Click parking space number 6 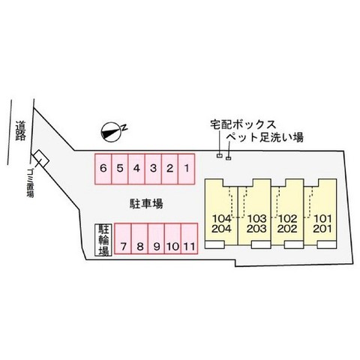[103, 169]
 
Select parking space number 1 [187, 169]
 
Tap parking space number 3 [153, 169]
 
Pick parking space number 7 [123, 238]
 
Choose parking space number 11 [189, 238]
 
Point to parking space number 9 [156, 238]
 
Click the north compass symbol [111, 132]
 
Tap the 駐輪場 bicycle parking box [103, 240]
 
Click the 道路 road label [20, 130]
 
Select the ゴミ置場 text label [30, 183]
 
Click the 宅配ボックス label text [243, 124]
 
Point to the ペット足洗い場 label [265, 137]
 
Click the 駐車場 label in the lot [146, 203]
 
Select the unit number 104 [222, 219]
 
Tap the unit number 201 [322, 229]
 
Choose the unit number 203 [256, 229]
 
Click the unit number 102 [288, 219]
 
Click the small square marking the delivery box [220, 156]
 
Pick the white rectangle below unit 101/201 [327, 245]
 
